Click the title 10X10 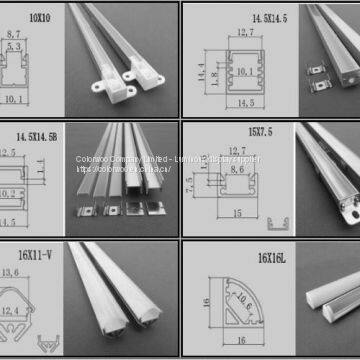(39, 17)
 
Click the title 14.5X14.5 (273, 17)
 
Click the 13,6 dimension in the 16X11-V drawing (37, 273)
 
